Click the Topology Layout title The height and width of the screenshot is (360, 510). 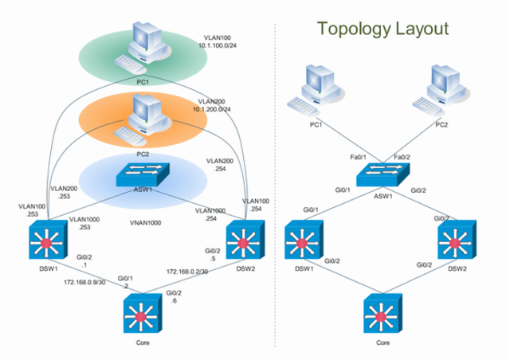[382, 29]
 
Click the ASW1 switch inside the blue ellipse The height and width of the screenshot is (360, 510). [139, 172]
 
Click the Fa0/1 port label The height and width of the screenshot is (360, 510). [357, 158]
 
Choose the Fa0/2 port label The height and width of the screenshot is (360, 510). [403, 158]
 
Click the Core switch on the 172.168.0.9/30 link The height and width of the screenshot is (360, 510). [143, 315]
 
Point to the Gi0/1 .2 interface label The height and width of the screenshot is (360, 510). [125, 283]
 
